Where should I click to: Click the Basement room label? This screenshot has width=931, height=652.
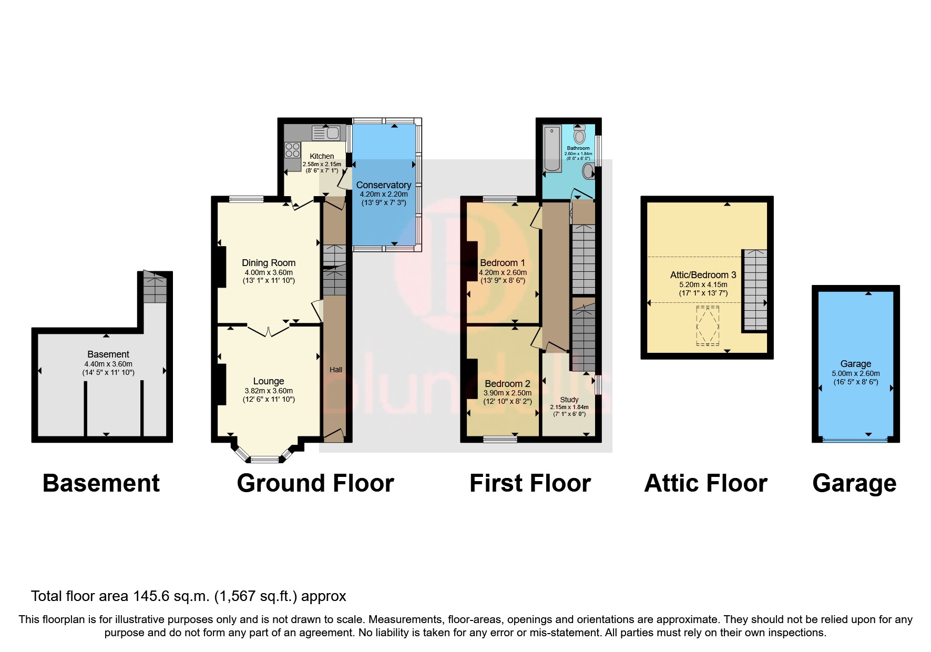click(108, 354)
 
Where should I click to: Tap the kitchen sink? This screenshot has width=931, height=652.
click(326, 133)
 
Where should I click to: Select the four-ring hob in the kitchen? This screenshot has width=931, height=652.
click(292, 149)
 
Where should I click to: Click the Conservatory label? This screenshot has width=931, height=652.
click(383, 185)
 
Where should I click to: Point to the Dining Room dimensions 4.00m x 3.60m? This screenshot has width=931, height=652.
click(268, 272)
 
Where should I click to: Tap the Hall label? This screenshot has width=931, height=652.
click(335, 370)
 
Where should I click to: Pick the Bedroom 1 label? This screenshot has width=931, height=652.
click(502, 263)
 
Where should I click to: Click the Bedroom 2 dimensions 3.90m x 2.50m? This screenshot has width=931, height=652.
click(507, 393)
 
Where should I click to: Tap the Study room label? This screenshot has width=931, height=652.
click(569, 400)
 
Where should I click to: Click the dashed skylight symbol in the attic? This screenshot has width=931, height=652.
click(707, 325)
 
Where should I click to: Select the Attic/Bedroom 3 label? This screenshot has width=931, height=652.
click(703, 275)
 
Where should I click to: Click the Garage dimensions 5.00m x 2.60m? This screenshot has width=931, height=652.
click(855, 373)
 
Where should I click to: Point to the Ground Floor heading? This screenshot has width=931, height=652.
click(315, 483)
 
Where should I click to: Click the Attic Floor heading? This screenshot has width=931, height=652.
click(705, 483)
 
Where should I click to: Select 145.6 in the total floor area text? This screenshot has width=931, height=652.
click(151, 596)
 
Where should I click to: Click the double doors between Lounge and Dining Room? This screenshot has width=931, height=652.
click(268, 331)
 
